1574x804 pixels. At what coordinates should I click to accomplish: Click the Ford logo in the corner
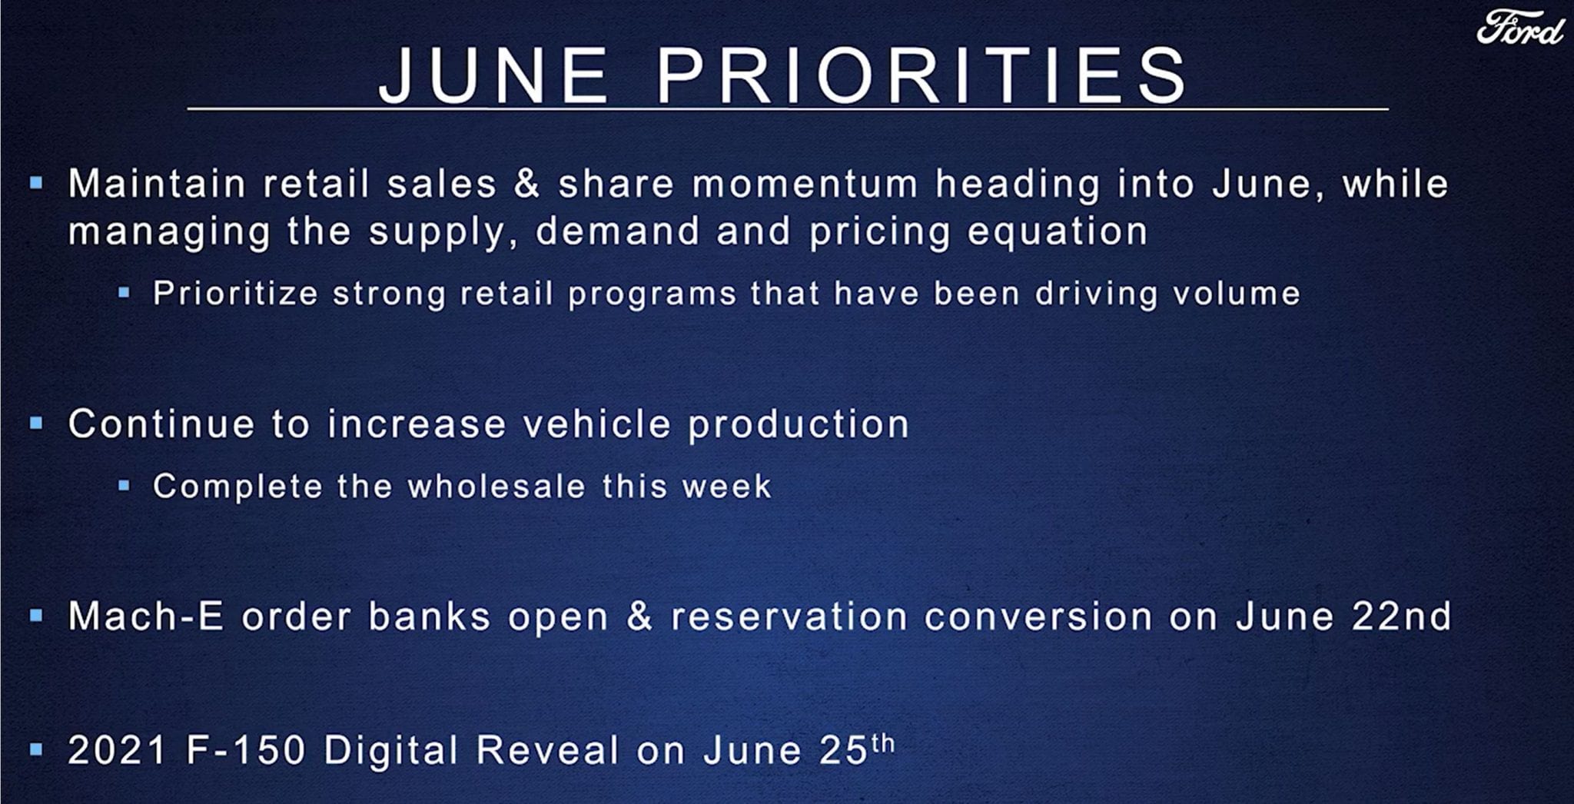point(1520,28)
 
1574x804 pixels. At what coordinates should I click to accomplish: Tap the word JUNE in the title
point(494,75)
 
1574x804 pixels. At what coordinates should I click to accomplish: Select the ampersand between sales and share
point(527,184)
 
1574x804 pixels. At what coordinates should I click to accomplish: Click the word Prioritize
point(235,293)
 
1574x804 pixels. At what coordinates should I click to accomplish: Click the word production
point(799,424)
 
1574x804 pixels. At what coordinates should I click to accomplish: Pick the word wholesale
point(496,486)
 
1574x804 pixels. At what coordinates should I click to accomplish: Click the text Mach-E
point(146,616)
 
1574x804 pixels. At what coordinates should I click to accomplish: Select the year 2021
point(118,750)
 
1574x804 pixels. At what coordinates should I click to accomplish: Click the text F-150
point(247,750)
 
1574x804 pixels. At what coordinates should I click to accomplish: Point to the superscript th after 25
point(883,743)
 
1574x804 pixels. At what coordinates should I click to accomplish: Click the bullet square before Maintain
point(35,183)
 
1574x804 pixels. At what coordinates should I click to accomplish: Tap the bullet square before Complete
point(124,485)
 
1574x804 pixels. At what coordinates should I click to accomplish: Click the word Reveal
point(547,750)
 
